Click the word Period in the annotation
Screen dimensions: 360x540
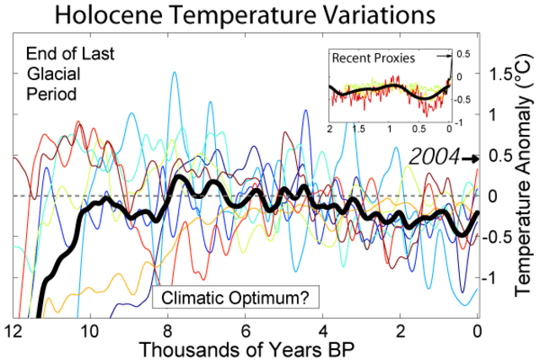[51, 94]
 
